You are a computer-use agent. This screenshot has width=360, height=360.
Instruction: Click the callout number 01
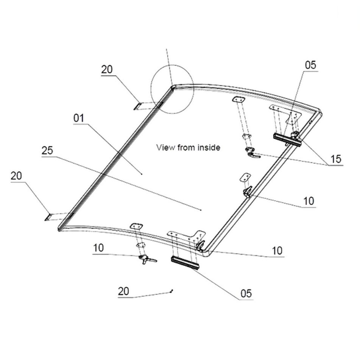pyautogui.click(x=79, y=118)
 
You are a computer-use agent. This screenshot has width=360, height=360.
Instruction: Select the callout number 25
pyautogui.click(x=47, y=151)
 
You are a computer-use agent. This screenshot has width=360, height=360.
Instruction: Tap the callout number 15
pyautogui.click(x=336, y=159)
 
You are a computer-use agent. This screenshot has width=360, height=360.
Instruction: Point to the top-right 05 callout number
pyautogui.click(x=311, y=65)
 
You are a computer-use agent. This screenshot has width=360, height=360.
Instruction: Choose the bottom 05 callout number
pyautogui.click(x=246, y=293)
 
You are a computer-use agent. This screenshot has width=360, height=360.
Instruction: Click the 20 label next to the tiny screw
pyautogui.click(x=123, y=291)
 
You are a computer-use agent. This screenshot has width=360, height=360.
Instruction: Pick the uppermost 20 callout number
pyautogui.click(x=107, y=69)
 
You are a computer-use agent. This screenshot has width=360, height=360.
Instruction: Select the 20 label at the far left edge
pyautogui.click(x=16, y=176)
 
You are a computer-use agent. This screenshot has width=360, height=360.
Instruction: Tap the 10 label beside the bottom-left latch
pyautogui.click(x=98, y=248)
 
